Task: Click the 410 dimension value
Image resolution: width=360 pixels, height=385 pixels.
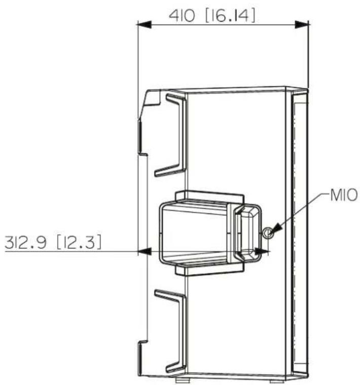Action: click(x=182, y=15)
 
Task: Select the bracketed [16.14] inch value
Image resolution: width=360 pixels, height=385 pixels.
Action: click(x=230, y=15)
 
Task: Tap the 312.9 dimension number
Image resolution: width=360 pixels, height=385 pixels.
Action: click(x=25, y=242)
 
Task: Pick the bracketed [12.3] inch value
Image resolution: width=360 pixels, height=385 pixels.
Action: click(x=79, y=242)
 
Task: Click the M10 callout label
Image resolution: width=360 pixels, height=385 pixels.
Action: click(x=344, y=195)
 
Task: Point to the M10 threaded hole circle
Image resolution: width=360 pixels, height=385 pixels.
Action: click(x=268, y=232)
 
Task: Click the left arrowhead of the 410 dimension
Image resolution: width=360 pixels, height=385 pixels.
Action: click(x=144, y=24)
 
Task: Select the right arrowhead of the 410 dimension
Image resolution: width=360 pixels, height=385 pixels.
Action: click(x=301, y=24)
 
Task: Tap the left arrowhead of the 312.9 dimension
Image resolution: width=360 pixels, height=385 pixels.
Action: click(x=144, y=251)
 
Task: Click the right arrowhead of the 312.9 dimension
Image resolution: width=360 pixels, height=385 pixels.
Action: click(x=262, y=251)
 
